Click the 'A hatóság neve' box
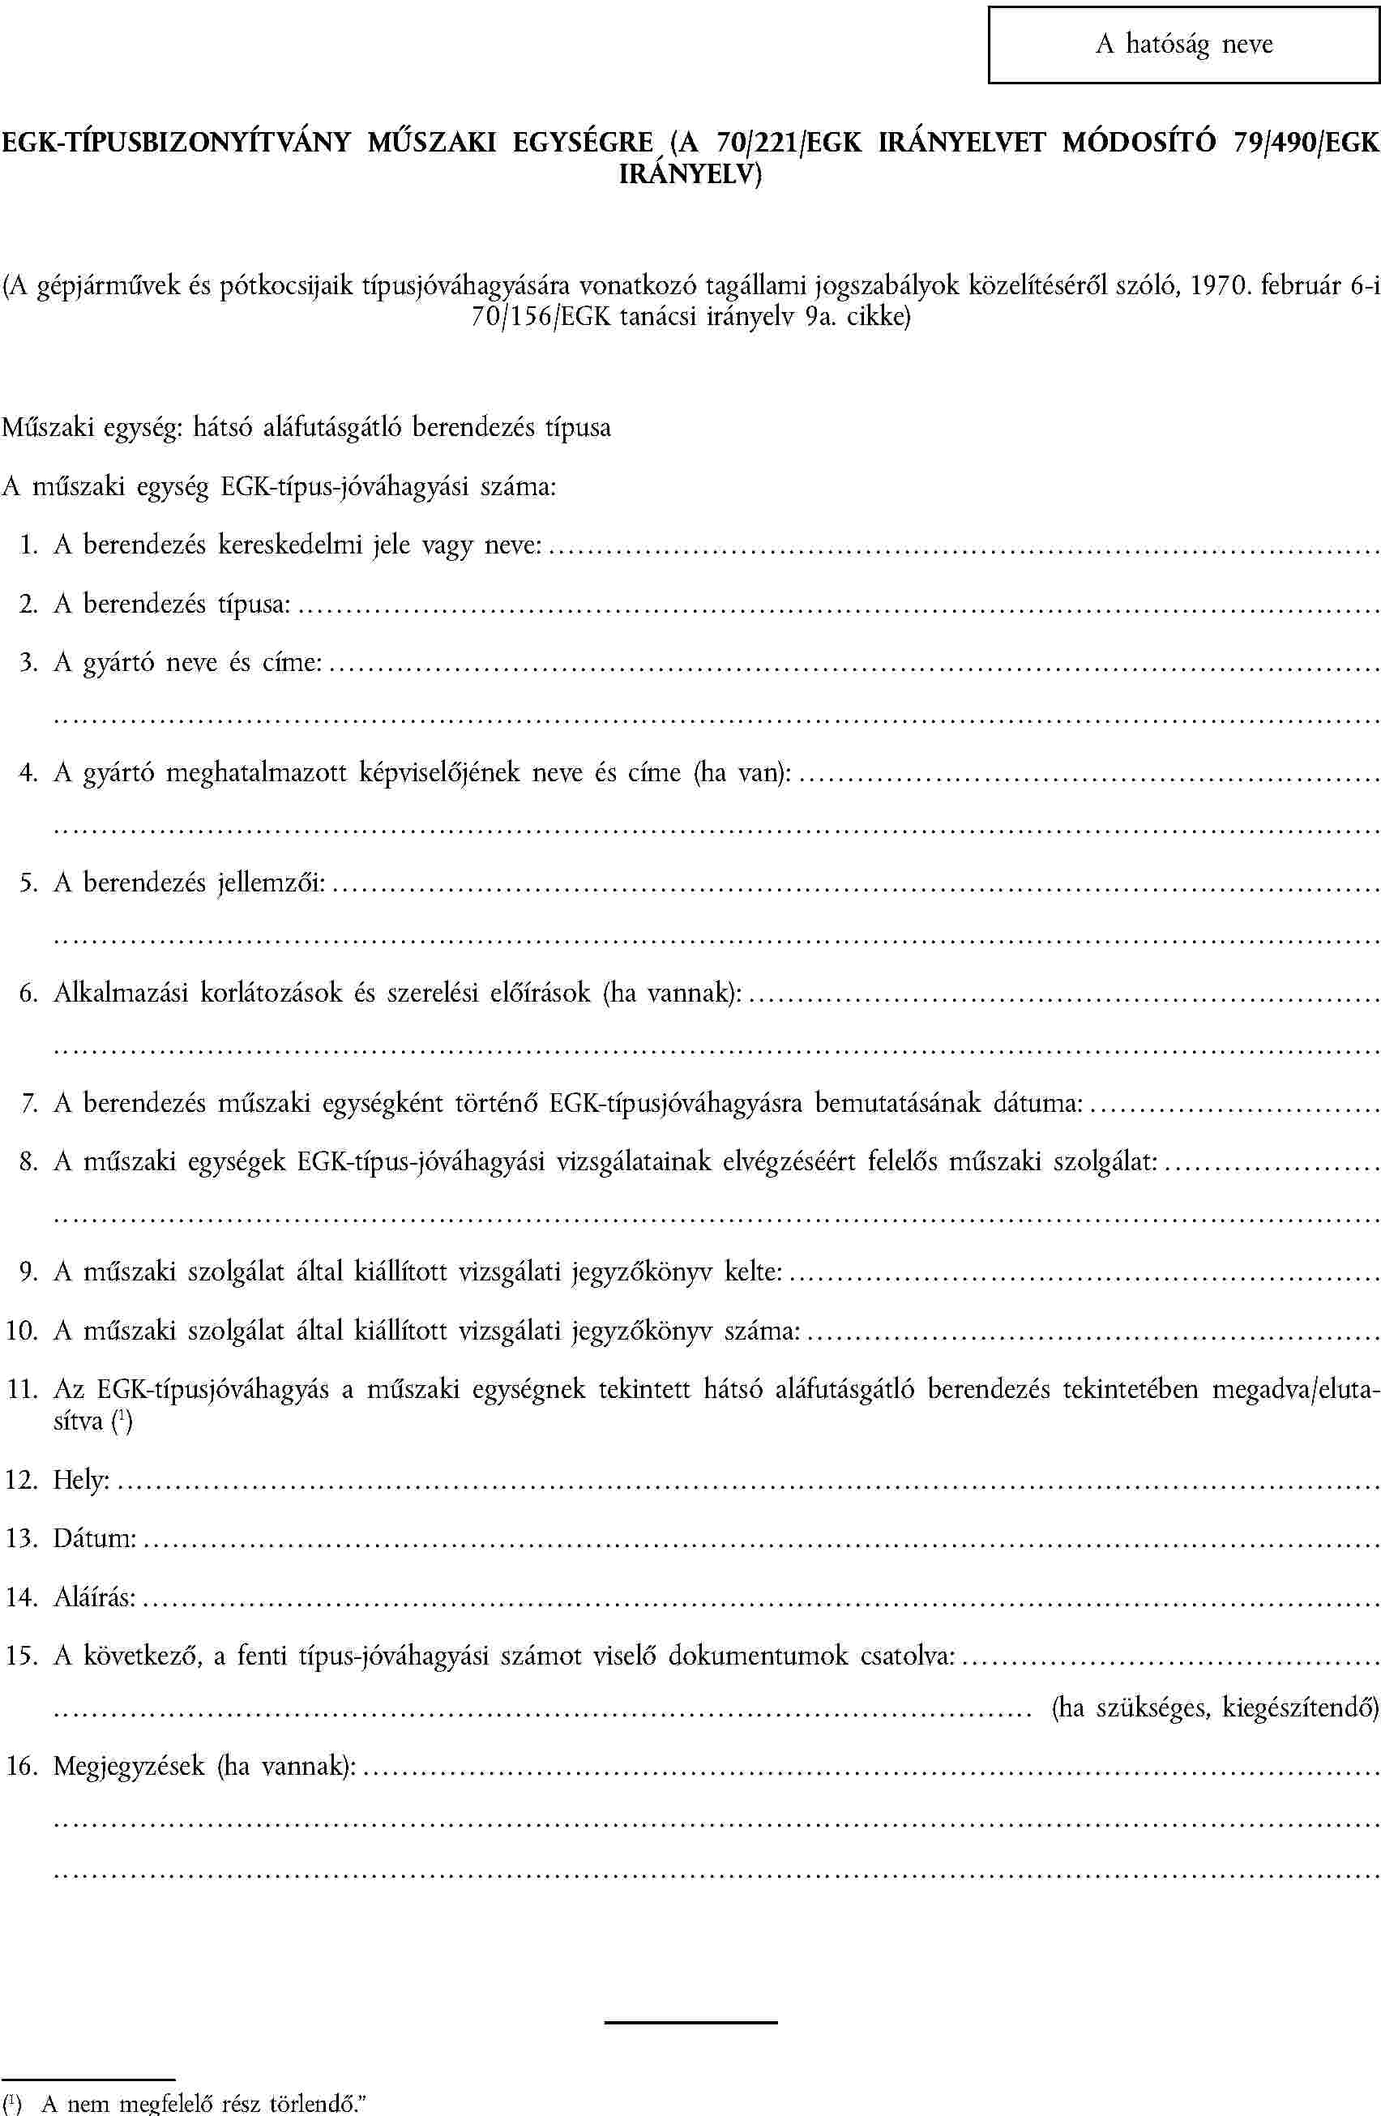click(x=1183, y=45)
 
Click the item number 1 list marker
click(x=28, y=545)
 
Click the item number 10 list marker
click(x=21, y=1331)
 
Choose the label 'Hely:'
click(x=82, y=1480)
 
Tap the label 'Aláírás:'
click(x=94, y=1597)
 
